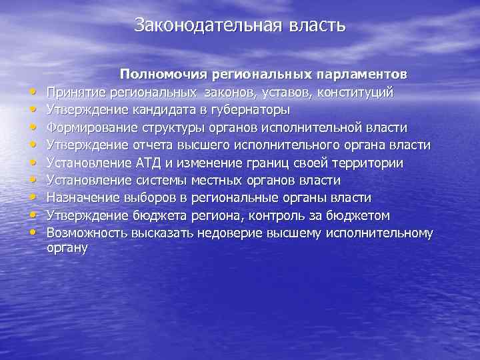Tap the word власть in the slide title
point(318,25)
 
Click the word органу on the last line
point(67,248)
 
